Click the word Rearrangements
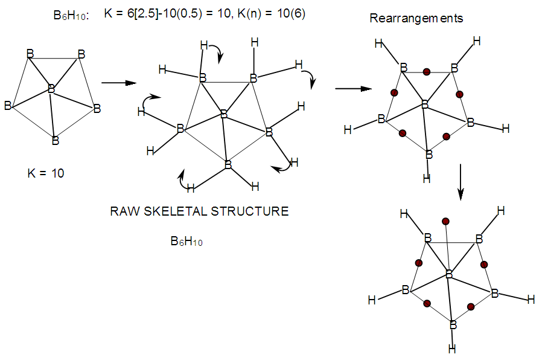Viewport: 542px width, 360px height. click(416, 18)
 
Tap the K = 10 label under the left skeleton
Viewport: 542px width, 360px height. click(46, 173)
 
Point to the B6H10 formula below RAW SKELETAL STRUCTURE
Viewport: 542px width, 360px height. click(187, 242)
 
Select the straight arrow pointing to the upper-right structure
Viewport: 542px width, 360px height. click(352, 88)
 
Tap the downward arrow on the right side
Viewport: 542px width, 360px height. click(461, 182)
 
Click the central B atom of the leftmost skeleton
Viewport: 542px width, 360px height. click(51, 89)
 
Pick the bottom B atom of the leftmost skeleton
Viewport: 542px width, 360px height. click(55, 141)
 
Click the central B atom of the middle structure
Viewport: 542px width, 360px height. click(223, 114)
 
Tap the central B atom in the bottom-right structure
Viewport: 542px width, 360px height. click(449, 275)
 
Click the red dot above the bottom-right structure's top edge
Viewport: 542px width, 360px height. click(445, 221)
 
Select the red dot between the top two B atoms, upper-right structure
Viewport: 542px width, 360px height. click(427, 72)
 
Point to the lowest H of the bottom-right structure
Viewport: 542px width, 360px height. click(452, 349)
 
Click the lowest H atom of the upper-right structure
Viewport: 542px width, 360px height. click(427, 179)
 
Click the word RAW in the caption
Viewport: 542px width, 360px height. click(123, 211)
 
